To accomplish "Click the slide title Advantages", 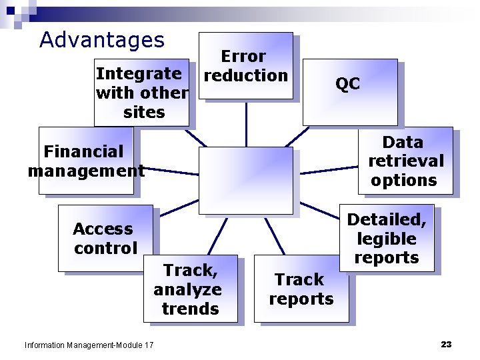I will (x=102, y=40).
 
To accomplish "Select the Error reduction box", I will (x=245, y=66).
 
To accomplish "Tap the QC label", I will (x=347, y=84).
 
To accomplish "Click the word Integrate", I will (x=139, y=73).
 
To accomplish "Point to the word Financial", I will (x=84, y=152).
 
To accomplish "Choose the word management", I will (x=86, y=171).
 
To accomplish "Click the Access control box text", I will (x=105, y=239).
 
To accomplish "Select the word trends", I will (x=190, y=309).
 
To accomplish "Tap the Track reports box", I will (x=301, y=289).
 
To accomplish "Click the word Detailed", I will (x=386, y=219).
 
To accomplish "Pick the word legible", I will (x=387, y=239).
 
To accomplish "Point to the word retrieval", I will (x=405, y=161).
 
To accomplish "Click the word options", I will (x=404, y=181).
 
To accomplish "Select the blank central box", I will (x=246, y=180).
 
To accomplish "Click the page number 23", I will (x=446, y=344).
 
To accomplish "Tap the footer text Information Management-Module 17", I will (x=89, y=345).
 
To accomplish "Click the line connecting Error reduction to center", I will (x=246, y=123).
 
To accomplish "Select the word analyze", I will (x=187, y=290).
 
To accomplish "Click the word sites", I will (x=144, y=112).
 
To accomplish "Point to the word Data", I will (x=403, y=142).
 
